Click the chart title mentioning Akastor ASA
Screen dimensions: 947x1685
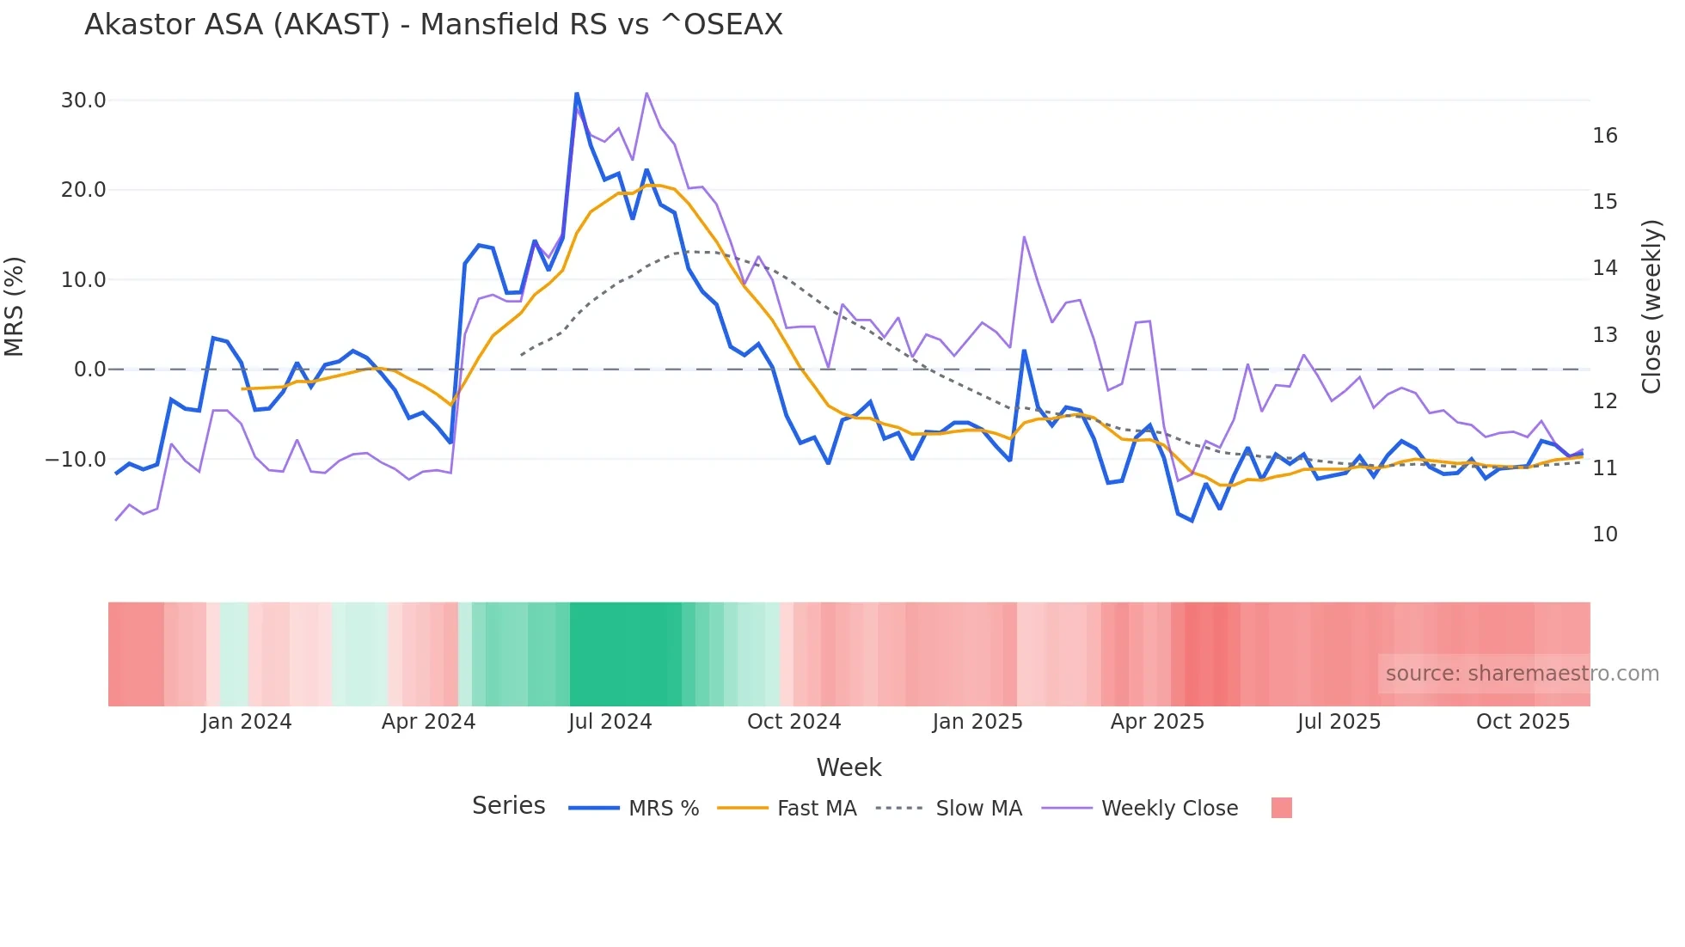(433, 25)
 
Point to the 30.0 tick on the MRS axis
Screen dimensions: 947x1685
(83, 101)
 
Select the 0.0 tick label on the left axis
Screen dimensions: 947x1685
(89, 370)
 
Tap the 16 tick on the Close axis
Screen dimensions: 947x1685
(1604, 136)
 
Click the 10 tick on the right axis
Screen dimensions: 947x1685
(1604, 535)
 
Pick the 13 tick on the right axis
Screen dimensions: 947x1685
(1604, 335)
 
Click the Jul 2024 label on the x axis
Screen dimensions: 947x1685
(610, 722)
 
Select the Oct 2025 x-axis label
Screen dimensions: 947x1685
(1523, 722)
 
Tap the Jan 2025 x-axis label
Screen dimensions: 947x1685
(977, 722)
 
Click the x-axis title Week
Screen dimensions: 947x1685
(849, 767)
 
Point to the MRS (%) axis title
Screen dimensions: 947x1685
(15, 307)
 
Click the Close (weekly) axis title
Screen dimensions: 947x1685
(1651, 307)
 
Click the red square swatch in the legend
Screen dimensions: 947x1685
(1281, 808)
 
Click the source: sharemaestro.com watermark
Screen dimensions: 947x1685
(1522, 674)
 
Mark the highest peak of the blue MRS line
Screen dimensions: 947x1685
(577, 93)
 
